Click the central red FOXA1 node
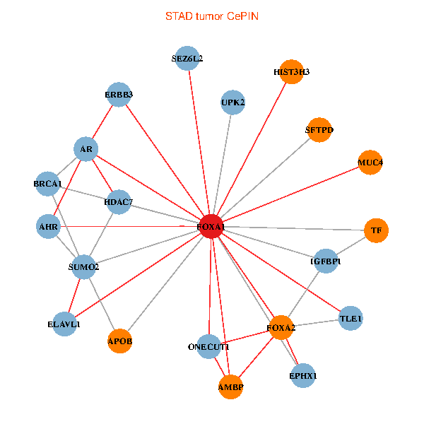coord(211,226)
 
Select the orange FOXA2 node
coord(281,328)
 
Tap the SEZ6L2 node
coord(188,59)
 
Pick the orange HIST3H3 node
coord(291,72)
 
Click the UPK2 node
coord(232,102)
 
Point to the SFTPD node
coord(319,130)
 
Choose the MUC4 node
coord(370,163)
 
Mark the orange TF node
coord(376,230)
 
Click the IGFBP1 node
coord(326,261)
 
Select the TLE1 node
coord(351,319)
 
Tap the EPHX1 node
coord(303,376)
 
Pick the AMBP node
coord(231,387)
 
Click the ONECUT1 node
coord(209,347)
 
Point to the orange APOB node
coord(120,341)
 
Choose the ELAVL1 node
coord(64,324)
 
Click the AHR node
coord(48,228)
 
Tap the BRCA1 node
coord(48,184)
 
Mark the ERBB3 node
coord(119,94)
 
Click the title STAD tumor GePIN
coord(211,16)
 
